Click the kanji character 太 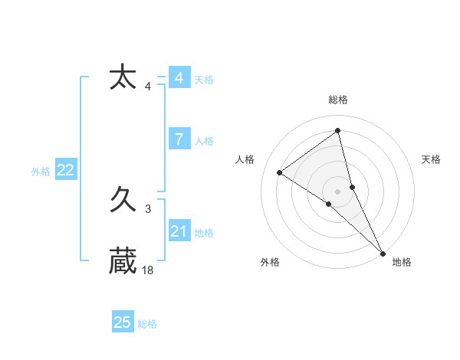click(x=123, y=78)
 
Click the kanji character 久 click(x=123, y=201)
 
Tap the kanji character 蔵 click(x=123, y=261)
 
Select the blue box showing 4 click(x=179, y=78)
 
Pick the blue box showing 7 click(x=179, y=139)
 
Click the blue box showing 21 click(x=179, y=231)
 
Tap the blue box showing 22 click(x=65, y=170)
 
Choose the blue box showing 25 click(x=123, y=322)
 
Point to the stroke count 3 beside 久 click(x=148, y=208)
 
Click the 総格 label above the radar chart click(x=338, y=100)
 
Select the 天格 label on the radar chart click(x=431, y=159)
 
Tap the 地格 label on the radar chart click(x=402, y=262)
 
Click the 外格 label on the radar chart click(x=270, y=262)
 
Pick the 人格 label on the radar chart click(x=245, y=159)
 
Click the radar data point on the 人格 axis click(x=280, y=172)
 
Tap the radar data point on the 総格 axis click(x=338, y=131)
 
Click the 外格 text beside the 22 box click(x=41, y=172)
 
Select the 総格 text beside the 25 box click(x=147, y=324)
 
